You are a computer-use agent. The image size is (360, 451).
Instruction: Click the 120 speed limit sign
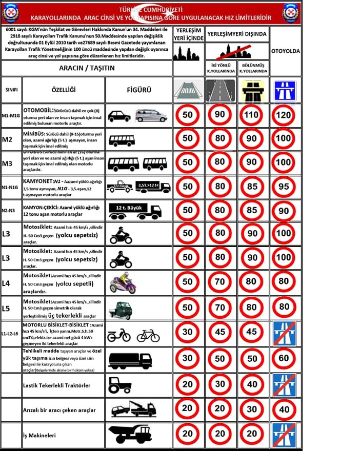(285, 115)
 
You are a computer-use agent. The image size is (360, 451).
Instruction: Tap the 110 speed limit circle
(252, 115)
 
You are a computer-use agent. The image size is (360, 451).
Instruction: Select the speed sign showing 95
(285, 187)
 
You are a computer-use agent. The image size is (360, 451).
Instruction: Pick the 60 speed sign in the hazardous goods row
(285, 359)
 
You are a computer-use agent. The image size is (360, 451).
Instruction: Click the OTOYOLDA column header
(285, 51)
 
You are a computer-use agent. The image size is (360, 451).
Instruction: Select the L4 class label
(6, 282)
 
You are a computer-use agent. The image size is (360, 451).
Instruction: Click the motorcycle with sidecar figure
(122, 283)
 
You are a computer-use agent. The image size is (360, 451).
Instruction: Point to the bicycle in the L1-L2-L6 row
(148, 336)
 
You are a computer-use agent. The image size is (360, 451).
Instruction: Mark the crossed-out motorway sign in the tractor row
(285, 384)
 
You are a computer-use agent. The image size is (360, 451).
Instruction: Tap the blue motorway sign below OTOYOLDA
(285, 90)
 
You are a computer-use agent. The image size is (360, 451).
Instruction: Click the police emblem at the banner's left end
(10, 13)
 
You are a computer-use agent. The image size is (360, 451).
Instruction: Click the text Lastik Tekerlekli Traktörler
(57, 384)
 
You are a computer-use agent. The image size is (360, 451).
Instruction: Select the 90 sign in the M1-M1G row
(219, 115)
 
